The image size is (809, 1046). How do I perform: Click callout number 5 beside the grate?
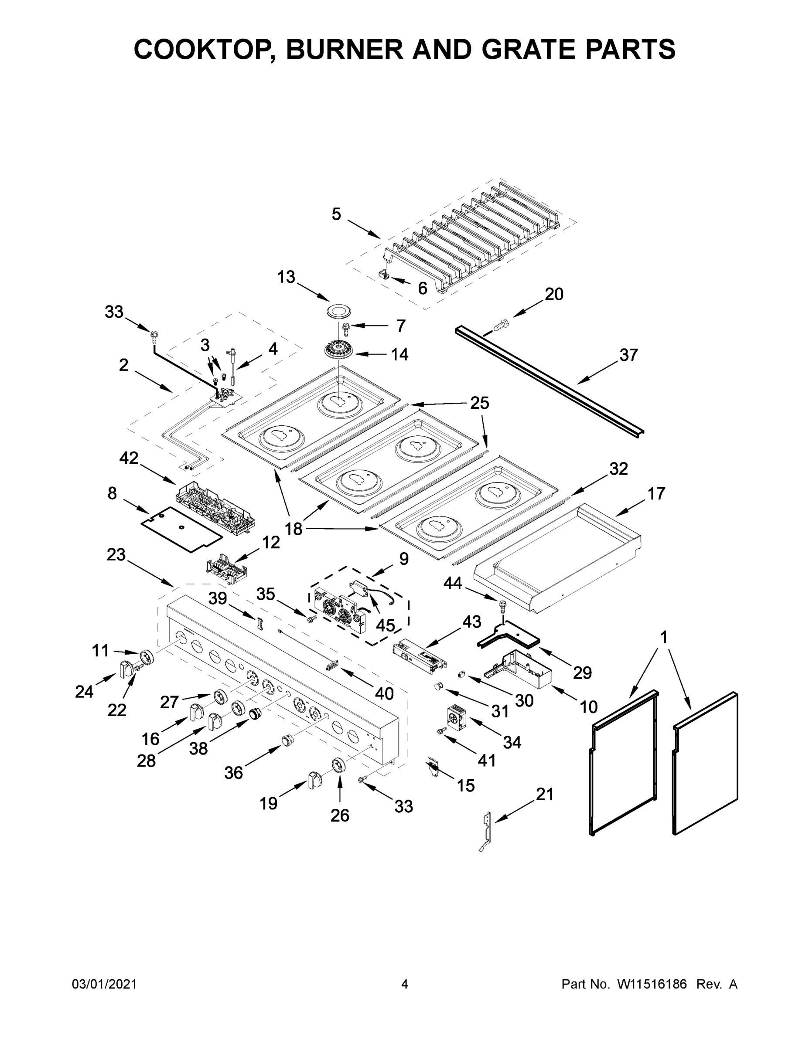[x=336, y=214]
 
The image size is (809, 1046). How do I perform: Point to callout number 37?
[x=629, y=355]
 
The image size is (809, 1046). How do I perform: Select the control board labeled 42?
[x=214, y=503]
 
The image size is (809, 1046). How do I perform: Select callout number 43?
[x=471, y=621]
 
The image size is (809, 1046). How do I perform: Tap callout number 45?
[x=385, y=625]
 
